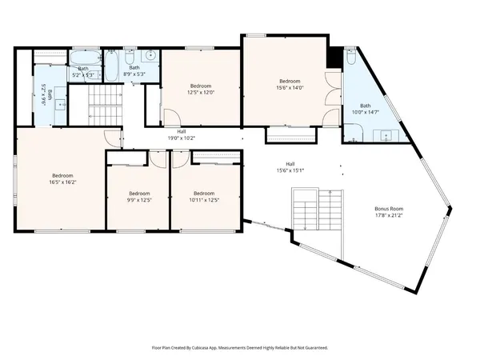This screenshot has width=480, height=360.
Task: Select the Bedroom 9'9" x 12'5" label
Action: pyautogui.click(x=139, y=196)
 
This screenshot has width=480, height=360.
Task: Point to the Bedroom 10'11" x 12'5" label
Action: pyautogui.click(x=204, y=196)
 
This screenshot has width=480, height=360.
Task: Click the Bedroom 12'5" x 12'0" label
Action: pyautogui.click(x=201, y=90)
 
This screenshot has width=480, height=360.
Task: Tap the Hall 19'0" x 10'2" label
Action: pyautogui.click(x=182, y=134)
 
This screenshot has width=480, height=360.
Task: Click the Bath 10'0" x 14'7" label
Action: pyautogui.click(x=366, y=110)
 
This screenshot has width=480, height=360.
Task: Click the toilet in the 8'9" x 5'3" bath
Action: pyautogui.click(x=130, y=58)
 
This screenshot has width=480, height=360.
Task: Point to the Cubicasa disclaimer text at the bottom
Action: pyautogui.click(x=240, y=348)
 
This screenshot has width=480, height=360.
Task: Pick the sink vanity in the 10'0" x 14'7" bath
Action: pyautogui.click(x=389, y=134)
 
